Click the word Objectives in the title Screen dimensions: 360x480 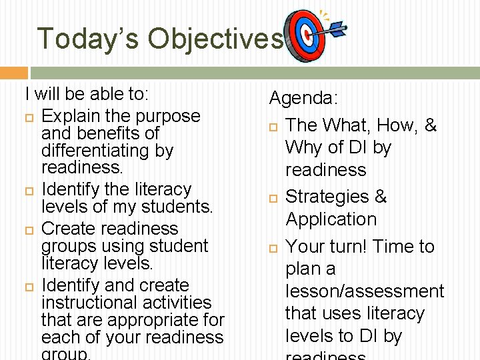coord(215,39)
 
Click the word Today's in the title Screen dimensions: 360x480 coord(88,39)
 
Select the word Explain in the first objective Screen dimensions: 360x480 coord(73,116)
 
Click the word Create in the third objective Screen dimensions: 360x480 coord(71,229)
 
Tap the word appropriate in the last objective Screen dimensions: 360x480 coord(147,320)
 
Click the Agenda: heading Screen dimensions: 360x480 coord(303,99)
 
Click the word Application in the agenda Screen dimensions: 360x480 coord(331,219)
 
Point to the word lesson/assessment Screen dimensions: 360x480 coord(364,291)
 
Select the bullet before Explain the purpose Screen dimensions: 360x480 coord(29,117)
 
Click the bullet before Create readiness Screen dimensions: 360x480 coord(29,229)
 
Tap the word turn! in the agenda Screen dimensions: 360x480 coord(347,247)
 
